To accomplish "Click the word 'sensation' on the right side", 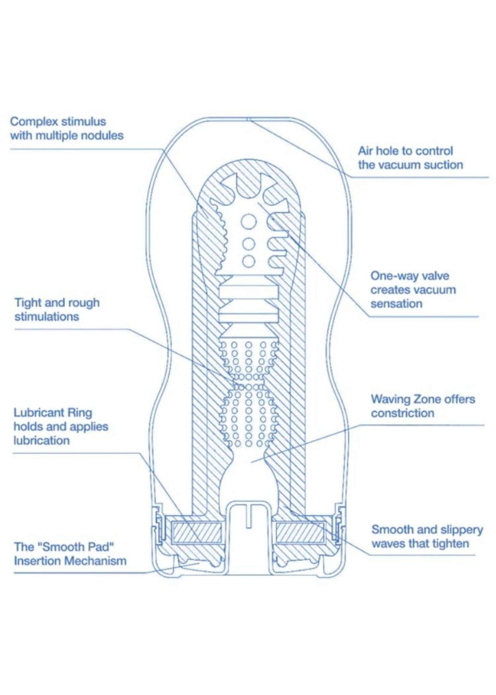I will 396,304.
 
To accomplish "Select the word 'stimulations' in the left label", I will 47,317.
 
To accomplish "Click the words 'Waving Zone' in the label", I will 397,399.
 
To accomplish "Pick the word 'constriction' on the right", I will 403,413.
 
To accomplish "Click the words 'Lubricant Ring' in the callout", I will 53,413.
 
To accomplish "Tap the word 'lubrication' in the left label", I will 41,440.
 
